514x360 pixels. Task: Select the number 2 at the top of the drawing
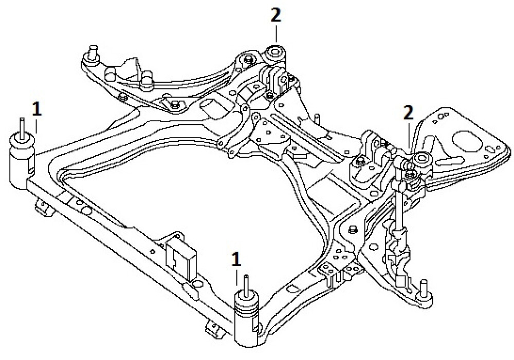(x=276, y=15)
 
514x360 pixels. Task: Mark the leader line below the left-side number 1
(x=35, y=125)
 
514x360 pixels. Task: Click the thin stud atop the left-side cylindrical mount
(x=23, y=126)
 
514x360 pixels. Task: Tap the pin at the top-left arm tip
(x=93, y=52)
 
